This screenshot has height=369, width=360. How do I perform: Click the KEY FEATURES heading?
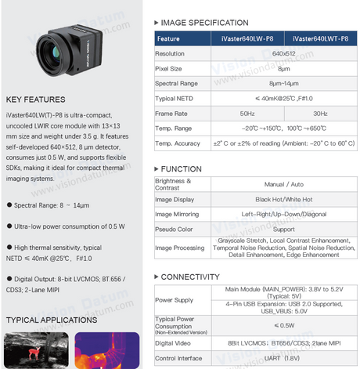point(35,99)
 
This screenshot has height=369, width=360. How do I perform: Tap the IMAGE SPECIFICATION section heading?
point(205,23)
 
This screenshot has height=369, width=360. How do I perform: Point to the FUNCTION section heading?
point(185,169)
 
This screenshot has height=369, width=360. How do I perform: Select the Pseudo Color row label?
point(175,230)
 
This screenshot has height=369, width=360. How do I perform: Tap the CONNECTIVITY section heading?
point(192,277)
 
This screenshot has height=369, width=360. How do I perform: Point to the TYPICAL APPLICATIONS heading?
point(52,320)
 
